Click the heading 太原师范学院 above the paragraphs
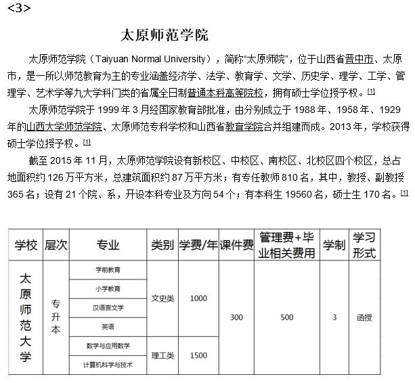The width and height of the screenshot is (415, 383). pyautogui.click(x=164, y=35)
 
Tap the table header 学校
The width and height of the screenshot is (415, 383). pyautogui.click(x=26, y=245)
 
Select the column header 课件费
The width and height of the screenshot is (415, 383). pyautogui.click(x=236, y=245)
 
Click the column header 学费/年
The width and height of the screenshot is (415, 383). pyautogui.click(x=198, y=245)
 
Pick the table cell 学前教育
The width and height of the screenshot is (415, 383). pyautogui.click(x=108, y=269)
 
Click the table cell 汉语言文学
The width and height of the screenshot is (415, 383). pyautogui.click(x=108, y=307)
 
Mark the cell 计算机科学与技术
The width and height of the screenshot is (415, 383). pyautogui.click(x=108, y=365)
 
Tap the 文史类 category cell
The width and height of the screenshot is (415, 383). pyautogui.click(x=162, y=298)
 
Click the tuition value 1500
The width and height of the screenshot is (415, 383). pyautogui.click(x=198, y=355)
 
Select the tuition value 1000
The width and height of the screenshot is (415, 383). pyautogui.click(x=198, y=298)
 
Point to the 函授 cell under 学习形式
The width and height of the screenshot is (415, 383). pyautogui.click(x=364, y=317)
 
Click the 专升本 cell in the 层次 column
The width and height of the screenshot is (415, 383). pyautogui.click(x=56, y=317)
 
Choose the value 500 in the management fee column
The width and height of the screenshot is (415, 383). pyautogui.click(x=286, y=317)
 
